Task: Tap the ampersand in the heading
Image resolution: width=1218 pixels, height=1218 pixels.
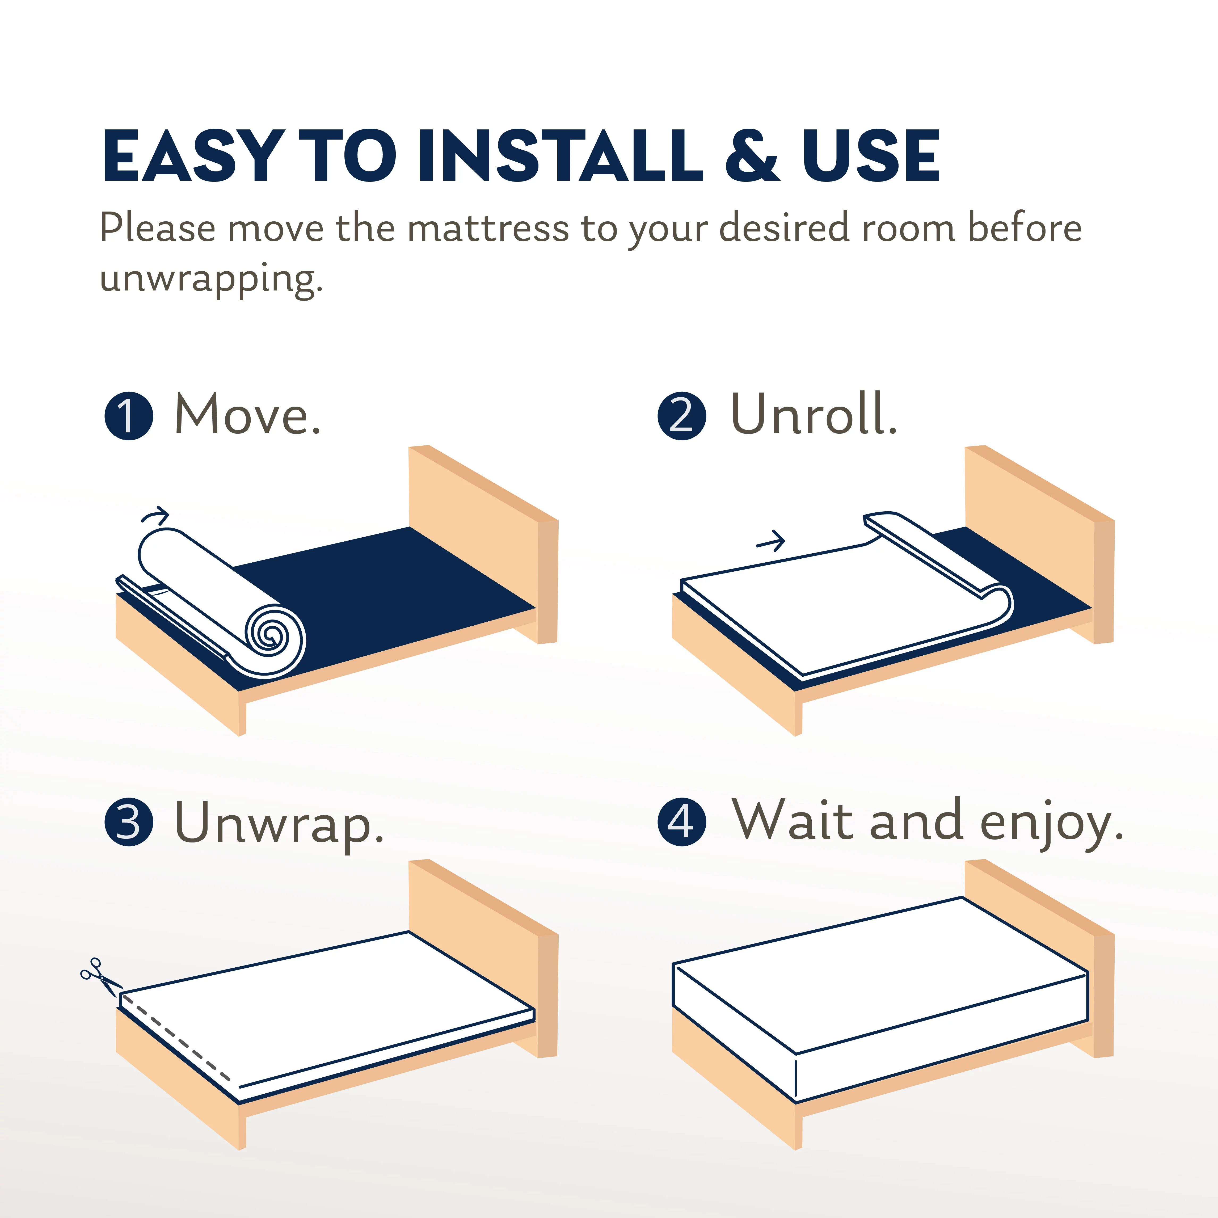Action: click(x=752, y=156)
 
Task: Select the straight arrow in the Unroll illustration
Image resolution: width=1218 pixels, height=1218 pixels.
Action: click(x=770, y=541)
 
